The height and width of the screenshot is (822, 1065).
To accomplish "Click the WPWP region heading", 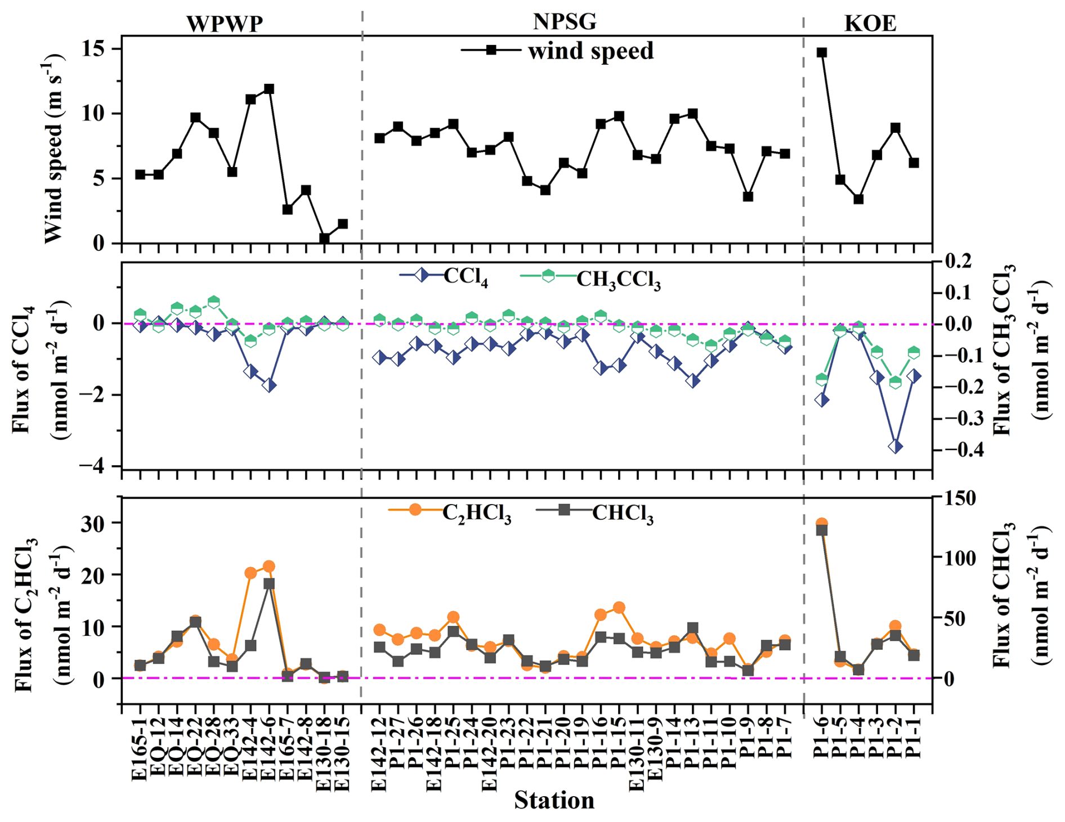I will tap(225, 24).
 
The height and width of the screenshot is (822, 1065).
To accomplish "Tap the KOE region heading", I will tap(870, 23).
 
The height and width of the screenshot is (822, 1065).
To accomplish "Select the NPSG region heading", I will tap(564, 21).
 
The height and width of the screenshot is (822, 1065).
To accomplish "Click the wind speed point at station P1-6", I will tap(822, 52).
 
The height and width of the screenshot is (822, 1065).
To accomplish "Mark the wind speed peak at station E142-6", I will tap(269, 89).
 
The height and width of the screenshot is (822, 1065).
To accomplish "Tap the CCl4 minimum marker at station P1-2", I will tap(896, 447).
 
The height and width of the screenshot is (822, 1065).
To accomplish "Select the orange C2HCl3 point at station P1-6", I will tap(822, 523).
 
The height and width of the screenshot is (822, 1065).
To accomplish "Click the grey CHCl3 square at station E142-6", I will tap(269, 583).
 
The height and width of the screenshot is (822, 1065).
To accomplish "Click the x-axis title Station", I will tap(554, 800).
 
